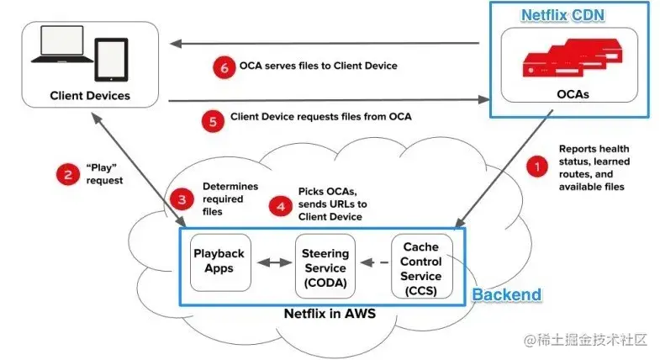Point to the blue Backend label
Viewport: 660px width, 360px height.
click(506, 295)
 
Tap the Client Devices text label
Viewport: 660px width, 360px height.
click(90, 95)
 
